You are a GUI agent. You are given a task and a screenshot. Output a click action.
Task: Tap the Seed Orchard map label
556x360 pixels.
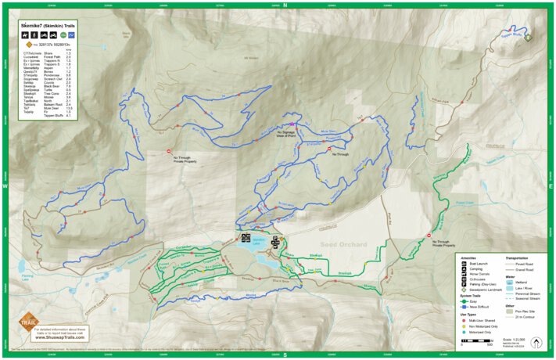tap(343, 245)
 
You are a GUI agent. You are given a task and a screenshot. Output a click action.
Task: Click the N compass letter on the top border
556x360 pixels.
tap(285, 5)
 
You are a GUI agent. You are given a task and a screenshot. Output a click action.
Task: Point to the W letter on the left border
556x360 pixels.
tap(5, 187)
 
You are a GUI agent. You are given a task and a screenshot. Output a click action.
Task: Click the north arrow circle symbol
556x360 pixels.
tap(536, 341)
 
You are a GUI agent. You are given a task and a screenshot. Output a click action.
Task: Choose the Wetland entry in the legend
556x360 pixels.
tap(522, 281)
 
